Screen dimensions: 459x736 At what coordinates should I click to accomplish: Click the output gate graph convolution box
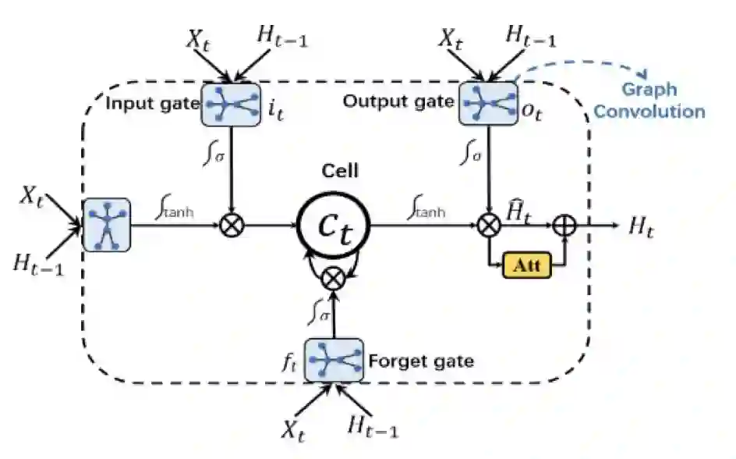[x=488, y=103]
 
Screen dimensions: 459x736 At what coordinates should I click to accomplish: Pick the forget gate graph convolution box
[x=334, y=360]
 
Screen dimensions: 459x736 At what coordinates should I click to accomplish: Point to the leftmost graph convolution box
[x=107, y=226]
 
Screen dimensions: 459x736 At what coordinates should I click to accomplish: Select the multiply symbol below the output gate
[x=488, y=226]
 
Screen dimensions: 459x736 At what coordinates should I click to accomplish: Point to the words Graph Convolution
[x=649, y=101]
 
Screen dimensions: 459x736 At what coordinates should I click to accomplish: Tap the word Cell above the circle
[x=341, y=171]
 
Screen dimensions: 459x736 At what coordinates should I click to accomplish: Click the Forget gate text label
[x=420, y=361]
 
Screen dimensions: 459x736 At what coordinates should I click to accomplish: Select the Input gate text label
[x=152, y=104]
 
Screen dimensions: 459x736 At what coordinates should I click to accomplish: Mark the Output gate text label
[x=398, y=101]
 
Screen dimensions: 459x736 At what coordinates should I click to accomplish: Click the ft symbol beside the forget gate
[x=291, y=361]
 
